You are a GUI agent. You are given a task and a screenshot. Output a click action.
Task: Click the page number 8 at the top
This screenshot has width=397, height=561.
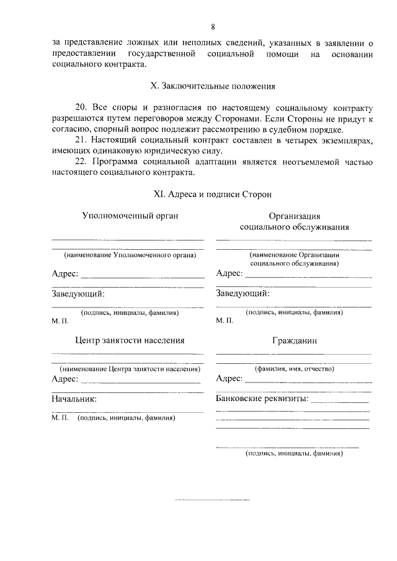[x=213, y=27]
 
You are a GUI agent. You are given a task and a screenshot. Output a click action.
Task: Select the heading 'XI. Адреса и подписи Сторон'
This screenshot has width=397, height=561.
[x=213, y=194]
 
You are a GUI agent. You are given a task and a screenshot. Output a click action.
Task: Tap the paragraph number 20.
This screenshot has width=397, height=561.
[x=83, y=107]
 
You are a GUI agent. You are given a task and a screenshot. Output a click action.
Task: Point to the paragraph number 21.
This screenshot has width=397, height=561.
[x=83, y=141]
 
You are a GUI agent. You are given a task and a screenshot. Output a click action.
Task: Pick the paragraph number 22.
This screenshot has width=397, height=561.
[x=83, y=163]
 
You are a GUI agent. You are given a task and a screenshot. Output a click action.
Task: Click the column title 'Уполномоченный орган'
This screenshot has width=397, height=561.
[x=130, y=216]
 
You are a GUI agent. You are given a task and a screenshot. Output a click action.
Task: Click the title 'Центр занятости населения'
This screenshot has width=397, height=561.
[x=130, y=340]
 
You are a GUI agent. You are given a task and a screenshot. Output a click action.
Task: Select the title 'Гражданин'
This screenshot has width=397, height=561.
[x=294, y=341]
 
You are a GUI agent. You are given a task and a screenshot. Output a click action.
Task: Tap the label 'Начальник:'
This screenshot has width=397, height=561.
[x=74, y=399]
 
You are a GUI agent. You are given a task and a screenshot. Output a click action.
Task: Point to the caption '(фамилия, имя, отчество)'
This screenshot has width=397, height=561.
[x=295, y=369]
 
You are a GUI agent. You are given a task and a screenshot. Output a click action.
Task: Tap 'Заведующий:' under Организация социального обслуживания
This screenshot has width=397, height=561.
[x=242, y=293]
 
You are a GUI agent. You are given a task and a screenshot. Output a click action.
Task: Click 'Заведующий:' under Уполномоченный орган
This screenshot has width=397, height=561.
[x=78, y=293]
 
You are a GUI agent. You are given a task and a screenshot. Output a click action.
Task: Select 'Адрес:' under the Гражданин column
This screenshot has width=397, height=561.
[x=229, y=379]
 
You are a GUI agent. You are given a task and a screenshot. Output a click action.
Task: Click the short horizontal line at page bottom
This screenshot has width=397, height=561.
[x=212, y=499]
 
